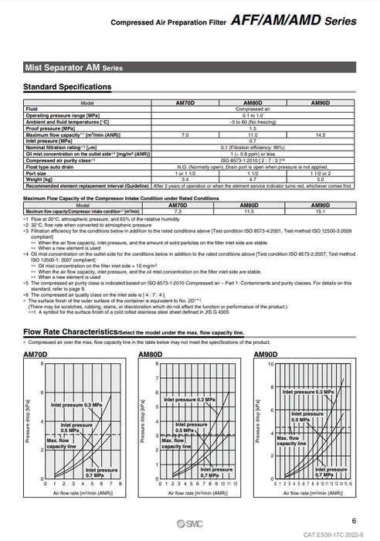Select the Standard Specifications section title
pyautogui.click(x=67, y=87)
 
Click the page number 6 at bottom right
pyautogui.click(x=353, y=521)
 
